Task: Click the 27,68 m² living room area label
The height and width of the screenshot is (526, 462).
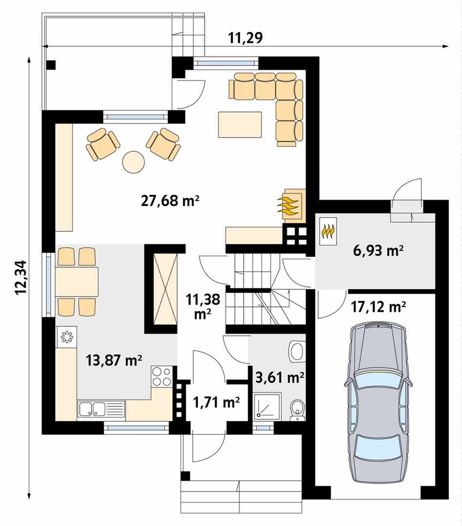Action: [170, 201]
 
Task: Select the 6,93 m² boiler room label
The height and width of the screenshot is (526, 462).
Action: [379, 250]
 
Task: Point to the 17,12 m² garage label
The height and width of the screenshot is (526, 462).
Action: [379, 307]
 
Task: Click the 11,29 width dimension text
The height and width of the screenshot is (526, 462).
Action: [245, 38]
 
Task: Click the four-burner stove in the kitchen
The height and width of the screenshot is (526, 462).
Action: [161, 376]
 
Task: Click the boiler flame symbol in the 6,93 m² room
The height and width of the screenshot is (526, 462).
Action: [328, 231]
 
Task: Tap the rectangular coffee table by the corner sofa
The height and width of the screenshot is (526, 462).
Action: [240, 125]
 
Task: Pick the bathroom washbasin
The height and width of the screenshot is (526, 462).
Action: [298, 351]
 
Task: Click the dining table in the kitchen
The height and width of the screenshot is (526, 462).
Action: [77, 282]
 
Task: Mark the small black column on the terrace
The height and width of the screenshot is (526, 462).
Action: [51, 65]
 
